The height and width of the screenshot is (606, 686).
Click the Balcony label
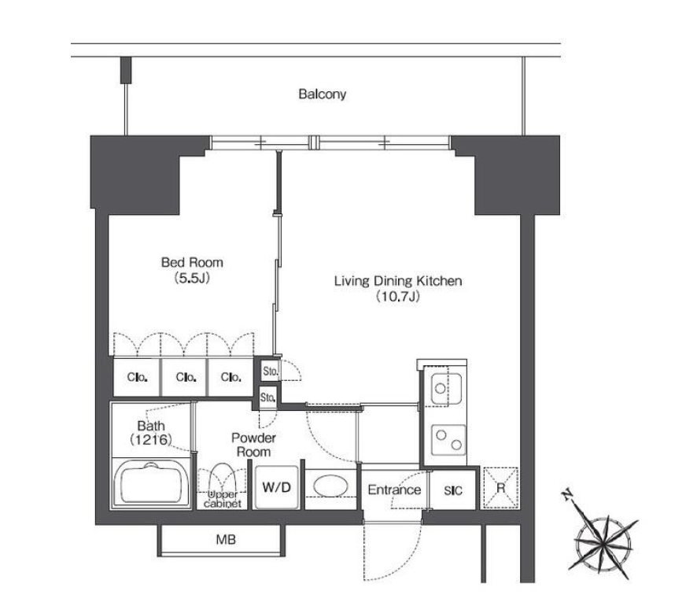pyautogui.click(x=322, y=94)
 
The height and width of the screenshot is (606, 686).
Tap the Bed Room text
pyautogui.click(x=192, y=263)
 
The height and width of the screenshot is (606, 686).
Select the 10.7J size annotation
pyautogui.click(x=398, y=297)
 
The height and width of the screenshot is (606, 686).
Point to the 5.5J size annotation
pyautogui.click(x=192, y=278)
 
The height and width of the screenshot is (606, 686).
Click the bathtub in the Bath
pyautogui.click(x=151, y=483)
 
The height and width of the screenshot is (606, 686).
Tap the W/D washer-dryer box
pyautogui.click(x=277, y=487)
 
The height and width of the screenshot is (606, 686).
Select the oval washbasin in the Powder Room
pyautogui.click(x=331, y=486)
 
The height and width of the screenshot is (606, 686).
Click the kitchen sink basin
pyautogui.click(x=446, y=389)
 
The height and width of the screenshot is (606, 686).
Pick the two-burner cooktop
pyautogui.click(x=448, y=439)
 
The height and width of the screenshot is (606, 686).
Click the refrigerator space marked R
pyautogui.click(x=500, y=488)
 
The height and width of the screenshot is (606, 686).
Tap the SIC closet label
pyautogui.click(x=453, y=490)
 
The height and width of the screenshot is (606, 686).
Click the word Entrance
pyautogui.click(x=394, y=490)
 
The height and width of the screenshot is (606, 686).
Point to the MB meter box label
pyautogui.click(x=226, y=539)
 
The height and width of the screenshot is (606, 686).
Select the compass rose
pyautogui.click(x=603, y=541)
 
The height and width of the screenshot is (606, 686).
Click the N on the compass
pyautogui.click(x=568, y=495)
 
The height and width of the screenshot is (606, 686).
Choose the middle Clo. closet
pyautogui.click(x=186, y=377)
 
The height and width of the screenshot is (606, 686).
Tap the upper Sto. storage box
pyautogui.click(x=270, y=371)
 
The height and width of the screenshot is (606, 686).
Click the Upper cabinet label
pyautogui.click(x=223, y=499)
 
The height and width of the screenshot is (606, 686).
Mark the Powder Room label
pyautogui.click(x=253, y=445)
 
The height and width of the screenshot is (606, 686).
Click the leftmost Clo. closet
pyautogui.click(x=137, y=377)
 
